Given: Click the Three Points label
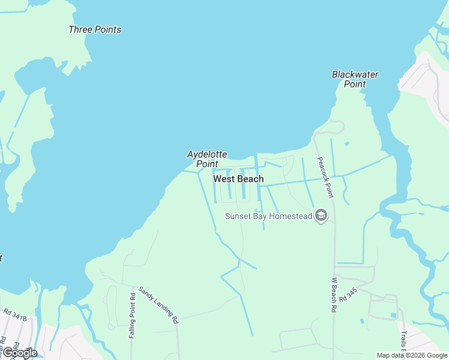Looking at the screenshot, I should (95, 29).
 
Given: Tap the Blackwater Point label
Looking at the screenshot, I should (355, 79).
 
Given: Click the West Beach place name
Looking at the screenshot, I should (238, 179).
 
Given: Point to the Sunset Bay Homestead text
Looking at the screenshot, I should (268, 216).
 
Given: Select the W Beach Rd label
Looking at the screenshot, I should (334, 295).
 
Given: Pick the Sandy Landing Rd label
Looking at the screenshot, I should (158, 305).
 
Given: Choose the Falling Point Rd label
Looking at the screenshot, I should (132, 316).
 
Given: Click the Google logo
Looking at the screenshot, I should (20, 353).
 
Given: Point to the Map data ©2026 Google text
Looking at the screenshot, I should (412, 355).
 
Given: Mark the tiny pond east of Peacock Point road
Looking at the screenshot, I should (346, 144).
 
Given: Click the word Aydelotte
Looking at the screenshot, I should (207, 154).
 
